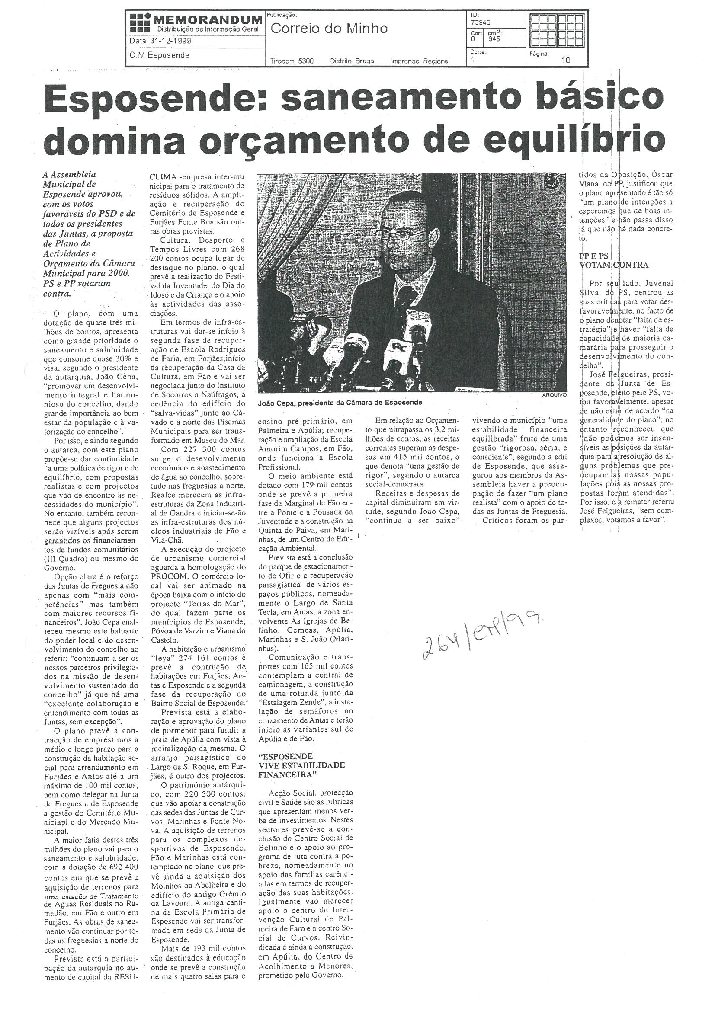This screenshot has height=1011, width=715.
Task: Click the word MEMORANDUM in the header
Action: (x=208, y=19)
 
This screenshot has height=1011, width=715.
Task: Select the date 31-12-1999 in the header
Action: (x=161, y=41)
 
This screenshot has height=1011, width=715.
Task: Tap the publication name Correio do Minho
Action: (x=329, y=29)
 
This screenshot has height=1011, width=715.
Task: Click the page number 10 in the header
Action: (x=566, y=61)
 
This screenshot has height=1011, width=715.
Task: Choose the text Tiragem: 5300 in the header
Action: (x=292, y=61)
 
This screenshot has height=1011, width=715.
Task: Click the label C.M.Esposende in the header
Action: (x=160, y=55)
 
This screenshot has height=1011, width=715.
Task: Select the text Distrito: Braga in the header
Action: (x=352, y=61)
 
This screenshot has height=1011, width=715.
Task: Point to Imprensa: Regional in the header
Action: (x=420, y=61)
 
